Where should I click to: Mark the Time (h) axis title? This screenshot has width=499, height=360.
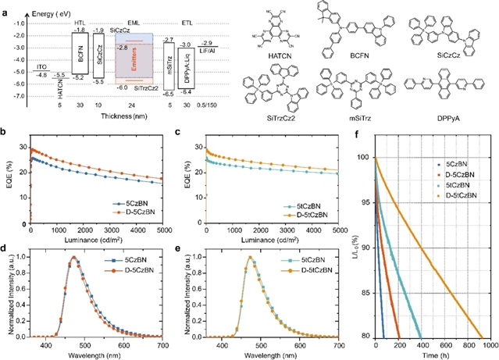tap(433, 355)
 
